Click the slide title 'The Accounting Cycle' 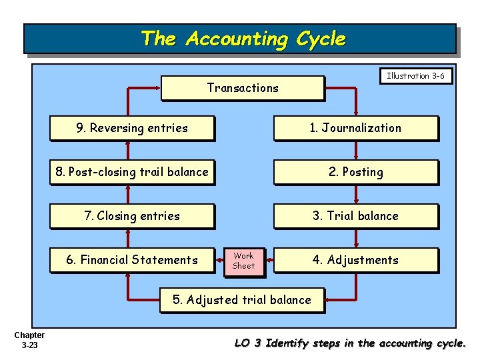coord(243,39)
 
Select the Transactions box coord(243,88)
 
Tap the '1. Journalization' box coord(355,128)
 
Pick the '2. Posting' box coord(355,172)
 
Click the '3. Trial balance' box coord(355,216)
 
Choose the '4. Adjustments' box coord(355,260)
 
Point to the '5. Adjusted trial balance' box coord(242,300)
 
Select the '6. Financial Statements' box coord(132,260)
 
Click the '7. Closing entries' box coord(132,216)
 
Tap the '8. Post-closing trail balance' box coord(132,172)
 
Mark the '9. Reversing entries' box coord(132,128)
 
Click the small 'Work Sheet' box coord(243,261)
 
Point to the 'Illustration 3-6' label coord(415,76)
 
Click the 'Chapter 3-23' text coord(29,340)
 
